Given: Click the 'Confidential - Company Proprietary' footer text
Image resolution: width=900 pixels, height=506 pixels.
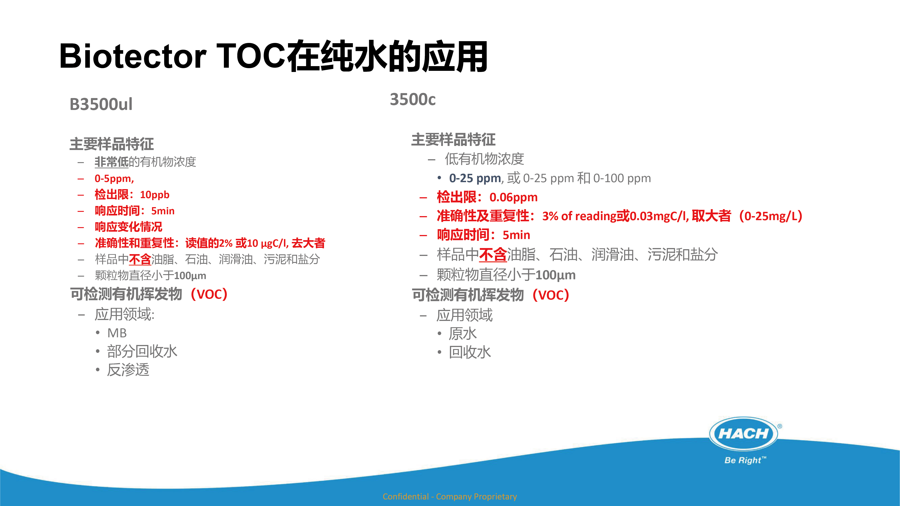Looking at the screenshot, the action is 450,496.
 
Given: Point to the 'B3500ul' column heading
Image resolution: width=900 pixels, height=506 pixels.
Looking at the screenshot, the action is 101,104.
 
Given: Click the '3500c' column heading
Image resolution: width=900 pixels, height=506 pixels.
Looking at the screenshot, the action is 413,100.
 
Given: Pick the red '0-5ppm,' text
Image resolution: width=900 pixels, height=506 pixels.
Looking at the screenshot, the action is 114,179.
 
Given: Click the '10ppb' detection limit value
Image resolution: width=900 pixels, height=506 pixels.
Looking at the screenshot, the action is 155,195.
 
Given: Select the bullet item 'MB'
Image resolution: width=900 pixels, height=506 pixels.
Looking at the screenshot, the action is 117,333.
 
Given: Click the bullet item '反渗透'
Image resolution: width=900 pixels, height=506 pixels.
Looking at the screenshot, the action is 128,370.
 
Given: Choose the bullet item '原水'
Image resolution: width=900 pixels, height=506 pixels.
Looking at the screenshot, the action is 463,334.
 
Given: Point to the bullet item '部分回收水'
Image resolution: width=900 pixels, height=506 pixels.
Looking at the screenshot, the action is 142,351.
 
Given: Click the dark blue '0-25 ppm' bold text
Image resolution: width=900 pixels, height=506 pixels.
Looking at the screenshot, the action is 475,178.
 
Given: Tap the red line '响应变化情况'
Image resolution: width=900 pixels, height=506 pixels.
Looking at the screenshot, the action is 128,227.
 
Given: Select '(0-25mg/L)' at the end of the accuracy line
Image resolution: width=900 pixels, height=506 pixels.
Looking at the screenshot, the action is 771,216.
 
